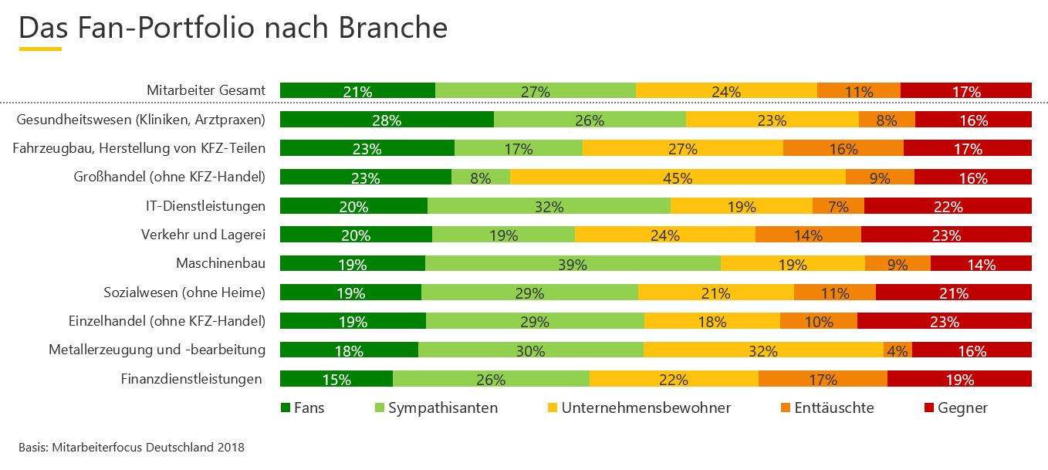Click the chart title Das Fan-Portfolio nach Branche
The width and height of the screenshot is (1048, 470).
click(232, 28)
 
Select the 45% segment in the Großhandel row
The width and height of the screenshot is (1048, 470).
click(678, 178)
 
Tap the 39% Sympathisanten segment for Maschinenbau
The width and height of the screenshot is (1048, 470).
click(573, 264)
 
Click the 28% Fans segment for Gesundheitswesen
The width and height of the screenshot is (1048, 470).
click(387, 120)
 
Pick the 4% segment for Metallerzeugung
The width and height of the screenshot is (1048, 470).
click(898, 351)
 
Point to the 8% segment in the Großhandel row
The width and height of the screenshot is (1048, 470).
click(480, 178)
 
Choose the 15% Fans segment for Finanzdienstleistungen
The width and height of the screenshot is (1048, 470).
click(336, 379)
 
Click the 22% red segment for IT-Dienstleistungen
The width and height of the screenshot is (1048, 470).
click(948, 206)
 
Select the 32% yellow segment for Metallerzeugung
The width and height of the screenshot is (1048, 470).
click(762, 351)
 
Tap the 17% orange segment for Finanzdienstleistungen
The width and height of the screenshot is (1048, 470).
click(823, 379)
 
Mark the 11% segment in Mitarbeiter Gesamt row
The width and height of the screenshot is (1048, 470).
click(858, 91)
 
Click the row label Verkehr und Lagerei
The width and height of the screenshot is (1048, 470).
click(203, 235)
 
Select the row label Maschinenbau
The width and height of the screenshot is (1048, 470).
click(221, 263)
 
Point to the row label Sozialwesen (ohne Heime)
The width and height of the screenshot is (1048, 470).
click(184, 292)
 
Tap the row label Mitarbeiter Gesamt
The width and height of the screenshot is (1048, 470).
click(206, 90)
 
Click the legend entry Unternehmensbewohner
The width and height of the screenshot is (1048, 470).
click(646, 407)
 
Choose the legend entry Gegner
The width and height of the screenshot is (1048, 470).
click(962, 407)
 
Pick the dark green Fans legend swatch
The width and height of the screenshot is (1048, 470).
click(285, 407)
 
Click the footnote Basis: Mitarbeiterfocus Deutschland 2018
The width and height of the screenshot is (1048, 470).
click(131, 446)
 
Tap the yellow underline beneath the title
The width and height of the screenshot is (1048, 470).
click(40, 49)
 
